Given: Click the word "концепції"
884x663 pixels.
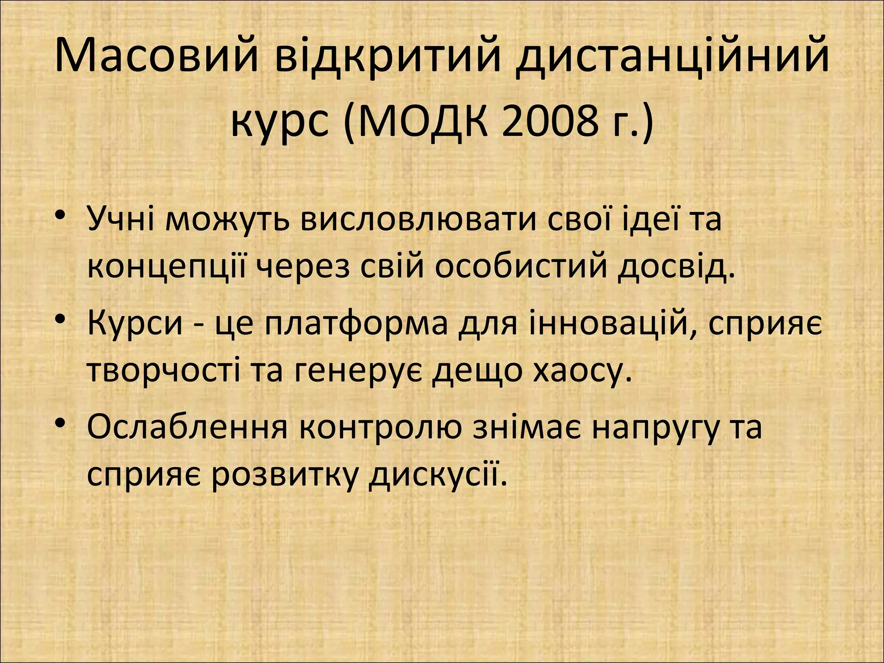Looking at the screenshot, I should click(168, 267).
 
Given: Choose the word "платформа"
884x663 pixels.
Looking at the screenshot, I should click(357, 324).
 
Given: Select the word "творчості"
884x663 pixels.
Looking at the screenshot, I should click(164, 370).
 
